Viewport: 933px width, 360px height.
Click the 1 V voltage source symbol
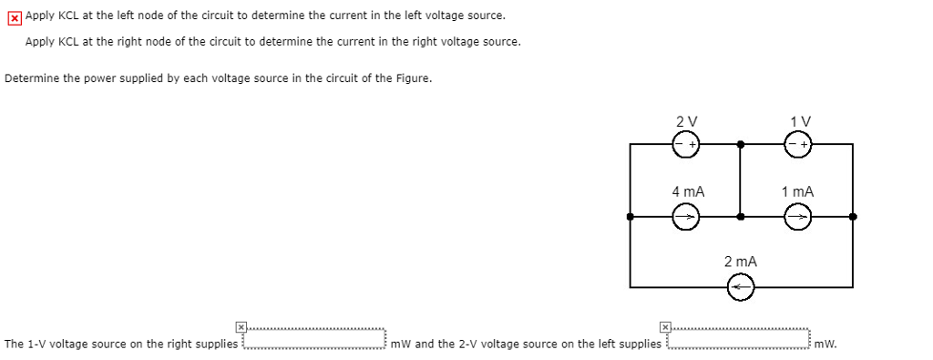(798, 144)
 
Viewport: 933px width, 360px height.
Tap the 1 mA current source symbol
(798, 217)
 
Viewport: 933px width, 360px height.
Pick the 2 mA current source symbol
(741, 287)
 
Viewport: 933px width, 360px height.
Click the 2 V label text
(687, 121)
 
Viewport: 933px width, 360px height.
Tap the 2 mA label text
(741, 262)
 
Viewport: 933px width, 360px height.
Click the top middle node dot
(741, 144)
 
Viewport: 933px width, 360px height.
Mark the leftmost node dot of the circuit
(631, 217)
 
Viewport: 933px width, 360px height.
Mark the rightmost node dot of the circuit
(853, 217)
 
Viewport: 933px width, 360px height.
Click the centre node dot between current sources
(741, 217)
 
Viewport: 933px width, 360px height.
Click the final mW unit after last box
(825, 345)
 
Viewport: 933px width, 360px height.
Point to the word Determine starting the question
(31, 77)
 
